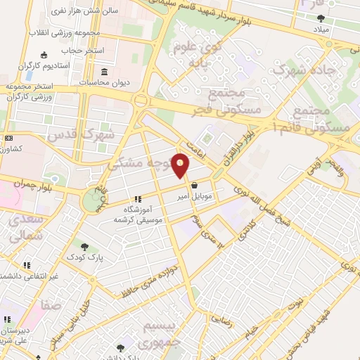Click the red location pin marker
181,166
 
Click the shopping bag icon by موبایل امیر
193,186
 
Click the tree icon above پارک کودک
85,247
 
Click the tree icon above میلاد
321,18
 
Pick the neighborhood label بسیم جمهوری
162,335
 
